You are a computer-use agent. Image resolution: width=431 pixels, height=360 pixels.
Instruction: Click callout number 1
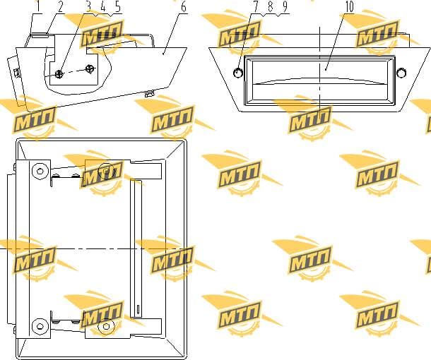(38, 7)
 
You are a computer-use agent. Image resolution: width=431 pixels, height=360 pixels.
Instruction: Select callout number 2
(60, 7)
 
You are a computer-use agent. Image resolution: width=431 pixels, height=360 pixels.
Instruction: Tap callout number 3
(88, 7)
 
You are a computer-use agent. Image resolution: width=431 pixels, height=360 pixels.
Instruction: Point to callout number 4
(103, 7)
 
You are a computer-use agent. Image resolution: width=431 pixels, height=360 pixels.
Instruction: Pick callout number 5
(118, 7)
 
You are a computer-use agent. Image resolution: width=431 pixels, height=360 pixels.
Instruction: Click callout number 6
(183, 7)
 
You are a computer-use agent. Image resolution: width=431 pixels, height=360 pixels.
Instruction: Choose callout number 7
(256, 7)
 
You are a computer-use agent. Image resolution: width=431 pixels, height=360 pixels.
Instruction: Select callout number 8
(271, 7)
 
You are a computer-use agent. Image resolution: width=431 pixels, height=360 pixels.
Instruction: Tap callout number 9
(285, 7)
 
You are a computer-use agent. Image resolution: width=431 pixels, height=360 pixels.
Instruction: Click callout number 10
(349, 7)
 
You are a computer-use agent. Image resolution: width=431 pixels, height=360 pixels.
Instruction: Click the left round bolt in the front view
(238, 73)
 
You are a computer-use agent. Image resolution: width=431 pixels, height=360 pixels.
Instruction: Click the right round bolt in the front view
(401, 73)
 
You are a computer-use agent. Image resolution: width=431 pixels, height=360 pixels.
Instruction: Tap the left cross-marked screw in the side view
(59, 74)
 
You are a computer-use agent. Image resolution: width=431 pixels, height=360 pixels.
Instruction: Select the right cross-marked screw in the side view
(90, 68)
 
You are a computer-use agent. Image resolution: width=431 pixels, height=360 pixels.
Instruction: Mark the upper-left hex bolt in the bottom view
(40, 171)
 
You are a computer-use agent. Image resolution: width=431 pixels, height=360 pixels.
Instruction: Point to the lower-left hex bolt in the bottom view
(40, 327)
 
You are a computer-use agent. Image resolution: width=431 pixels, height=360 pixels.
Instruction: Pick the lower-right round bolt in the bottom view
(107, 327)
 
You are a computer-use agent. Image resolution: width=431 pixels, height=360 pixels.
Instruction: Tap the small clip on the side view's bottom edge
(148, 94)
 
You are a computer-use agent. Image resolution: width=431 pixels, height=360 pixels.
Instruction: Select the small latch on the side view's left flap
(17, 73)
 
